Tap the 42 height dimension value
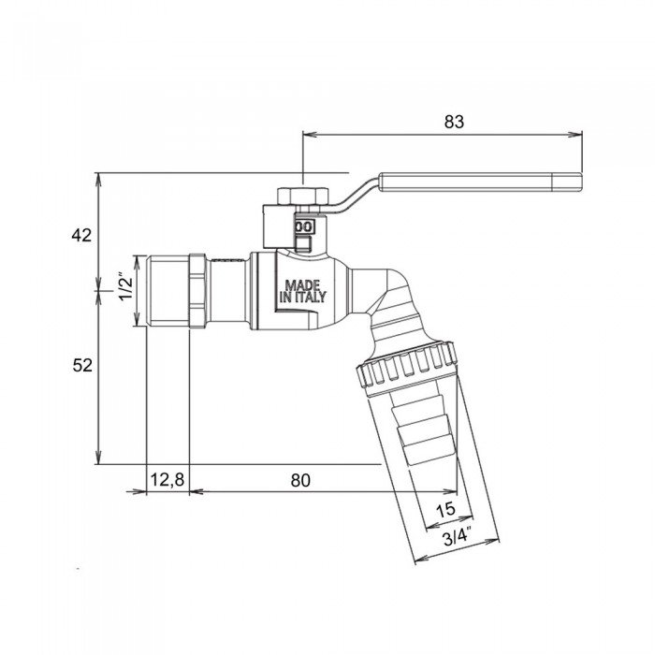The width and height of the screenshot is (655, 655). point(81,235)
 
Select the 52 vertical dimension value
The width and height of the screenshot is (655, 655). point(81,366)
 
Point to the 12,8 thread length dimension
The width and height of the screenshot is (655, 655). point(167,480)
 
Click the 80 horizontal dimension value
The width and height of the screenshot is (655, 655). point(299,480)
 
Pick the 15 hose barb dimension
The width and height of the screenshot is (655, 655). point(446,510)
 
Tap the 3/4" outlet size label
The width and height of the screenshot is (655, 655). point(456,537)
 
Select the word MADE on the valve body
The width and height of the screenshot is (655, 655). point(302,284)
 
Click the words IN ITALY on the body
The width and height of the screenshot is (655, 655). point(302,298)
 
